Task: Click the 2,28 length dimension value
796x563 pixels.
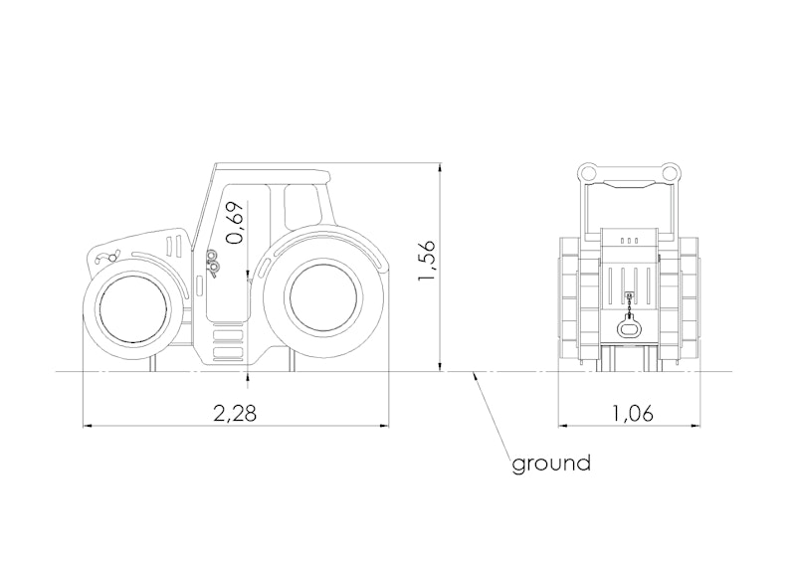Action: click(235, 413)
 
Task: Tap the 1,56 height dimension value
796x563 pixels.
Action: click(427, 261)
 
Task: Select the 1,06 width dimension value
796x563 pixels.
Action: click(632, 414)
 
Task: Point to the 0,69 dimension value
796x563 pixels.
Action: click(236, 224)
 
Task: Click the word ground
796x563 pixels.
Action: click(551, 464)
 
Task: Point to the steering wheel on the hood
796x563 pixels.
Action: click(108, 258)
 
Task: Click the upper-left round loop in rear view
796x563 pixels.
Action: click(589, 173)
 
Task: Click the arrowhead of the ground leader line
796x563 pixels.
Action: click(474, 376)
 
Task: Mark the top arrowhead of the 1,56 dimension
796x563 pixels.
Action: click(440, 167)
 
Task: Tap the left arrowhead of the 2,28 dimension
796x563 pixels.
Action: click(88, 426)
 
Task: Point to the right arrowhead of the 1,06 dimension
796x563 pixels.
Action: click(696, 426)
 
